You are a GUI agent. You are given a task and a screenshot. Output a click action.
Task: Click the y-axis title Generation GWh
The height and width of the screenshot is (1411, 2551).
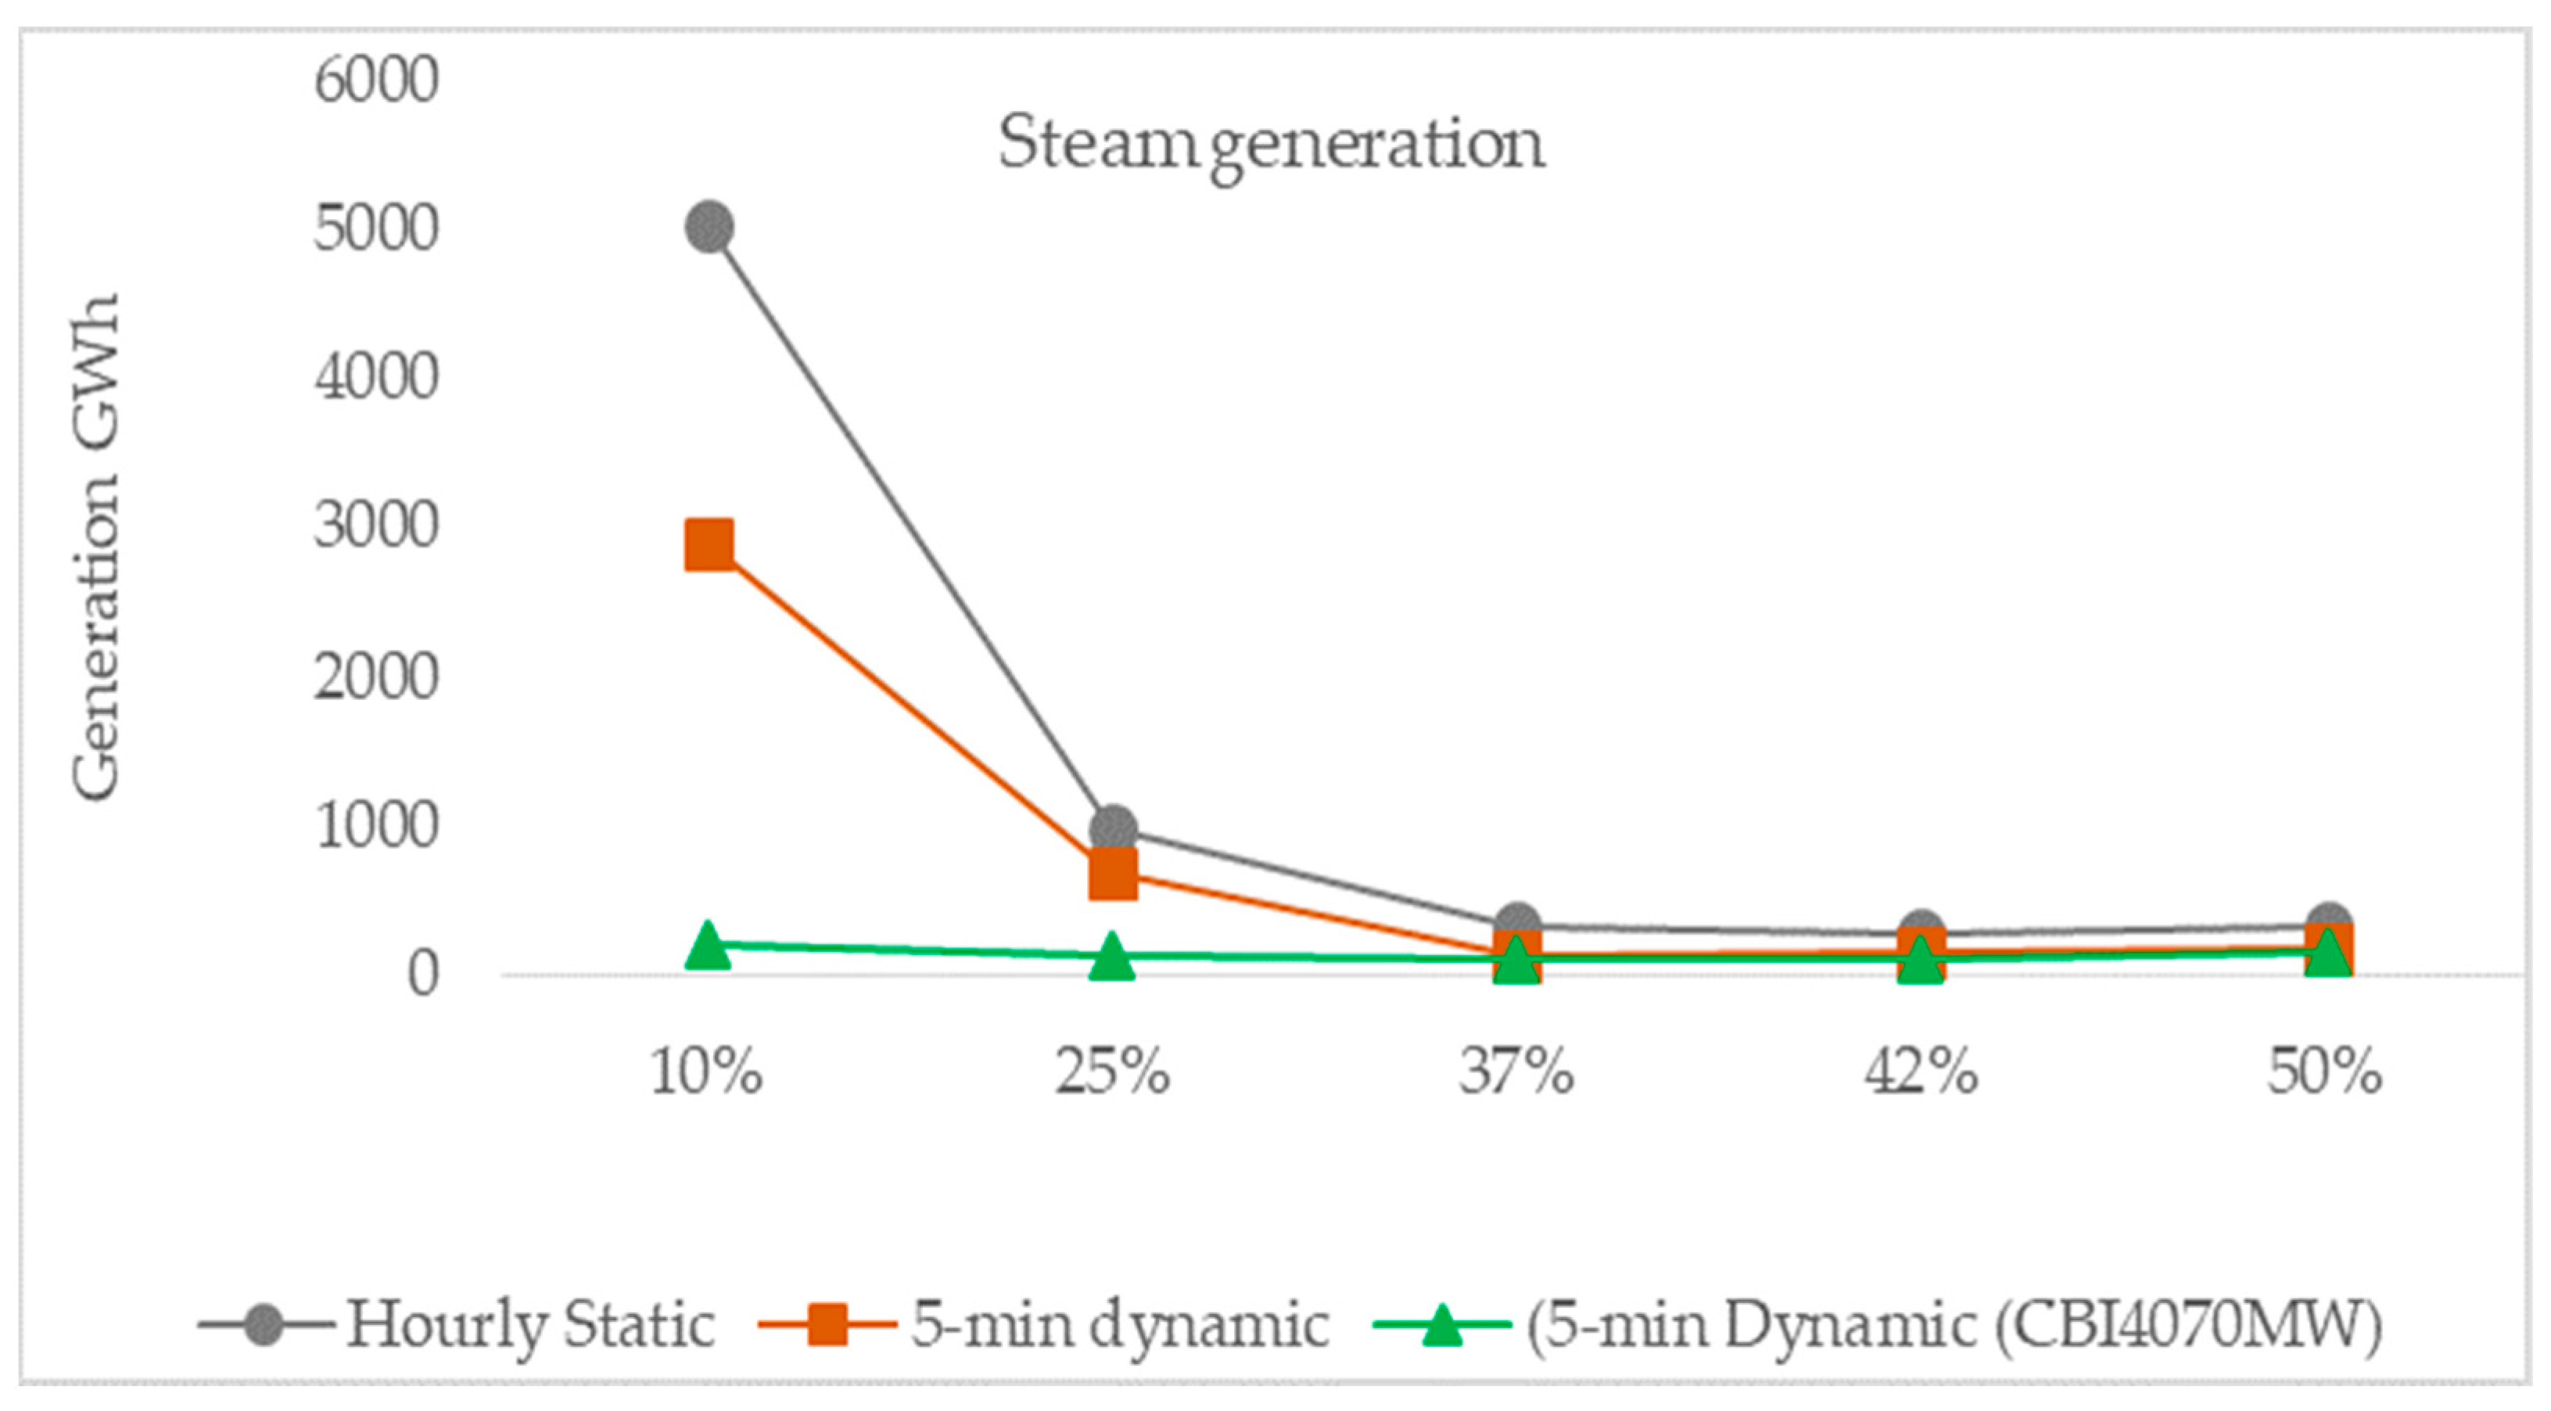click(x=96, y=547)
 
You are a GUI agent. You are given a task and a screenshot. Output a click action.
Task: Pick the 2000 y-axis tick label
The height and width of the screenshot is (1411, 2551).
click(x=376, y=677)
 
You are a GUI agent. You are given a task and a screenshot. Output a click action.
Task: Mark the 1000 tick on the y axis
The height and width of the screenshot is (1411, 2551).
click(x=376, y=825)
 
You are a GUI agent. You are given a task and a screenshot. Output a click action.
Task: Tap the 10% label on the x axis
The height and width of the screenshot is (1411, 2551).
click(x=707, y=1072)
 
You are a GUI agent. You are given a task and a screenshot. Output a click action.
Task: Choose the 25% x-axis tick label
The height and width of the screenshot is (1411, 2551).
click(x=1112, y=1072)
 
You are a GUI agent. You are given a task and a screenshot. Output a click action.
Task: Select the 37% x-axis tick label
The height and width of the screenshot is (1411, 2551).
click(x=1516, y=1072)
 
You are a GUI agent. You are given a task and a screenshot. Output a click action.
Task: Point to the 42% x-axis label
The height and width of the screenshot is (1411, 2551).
click(x=1921, y=1072)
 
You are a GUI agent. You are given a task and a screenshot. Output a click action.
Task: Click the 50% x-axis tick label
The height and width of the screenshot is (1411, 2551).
click(x=2325, y=1072)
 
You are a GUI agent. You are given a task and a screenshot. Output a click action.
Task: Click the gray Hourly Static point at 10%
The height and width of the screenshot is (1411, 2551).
click(x=709, y=228)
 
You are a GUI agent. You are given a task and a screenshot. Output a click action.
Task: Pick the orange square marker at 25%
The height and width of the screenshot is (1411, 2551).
click(x=1113, y=872)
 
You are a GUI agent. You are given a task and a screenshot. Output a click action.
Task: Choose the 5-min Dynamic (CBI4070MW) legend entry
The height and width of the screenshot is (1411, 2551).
click(x=1878, y=1325)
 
